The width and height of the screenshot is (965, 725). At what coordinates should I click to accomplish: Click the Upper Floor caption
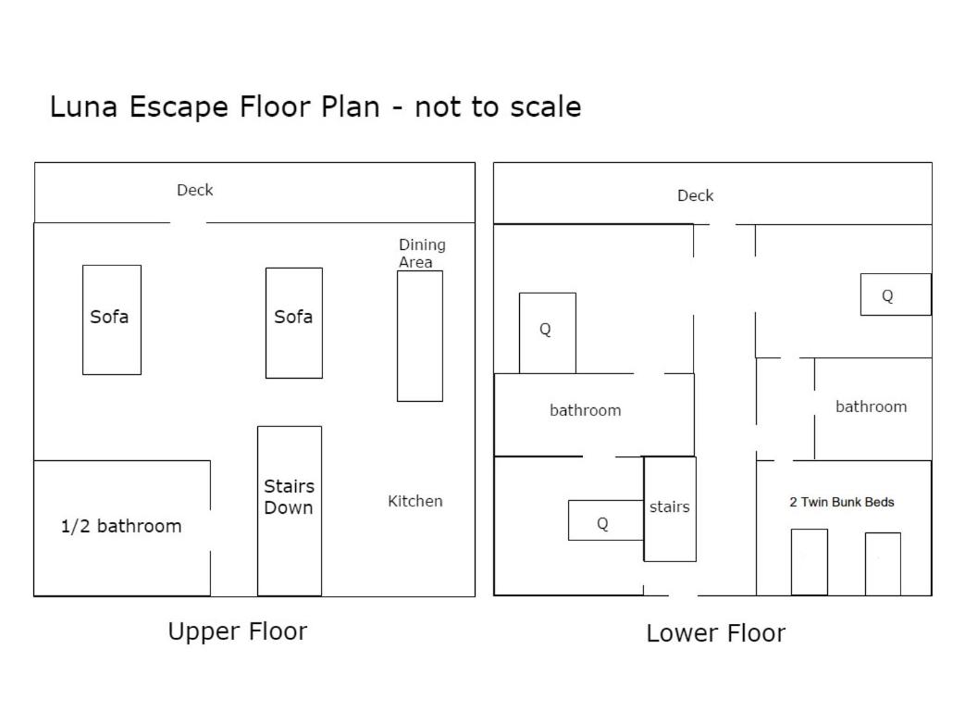point(238,631)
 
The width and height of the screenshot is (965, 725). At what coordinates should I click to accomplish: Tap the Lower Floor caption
point(716,633)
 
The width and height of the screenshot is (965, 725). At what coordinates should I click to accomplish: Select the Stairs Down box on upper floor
point(290,510)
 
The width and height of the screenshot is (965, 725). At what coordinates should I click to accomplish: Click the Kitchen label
point(414,501)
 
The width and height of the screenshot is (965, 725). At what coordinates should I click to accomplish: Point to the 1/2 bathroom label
point(121,526)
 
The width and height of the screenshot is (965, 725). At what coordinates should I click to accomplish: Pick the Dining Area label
point(422,253)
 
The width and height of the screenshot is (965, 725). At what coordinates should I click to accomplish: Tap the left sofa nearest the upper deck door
point(112,319)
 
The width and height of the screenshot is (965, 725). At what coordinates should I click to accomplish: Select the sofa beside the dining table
point(294,323)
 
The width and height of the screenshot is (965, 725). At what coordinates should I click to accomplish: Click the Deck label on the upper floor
point(194,190)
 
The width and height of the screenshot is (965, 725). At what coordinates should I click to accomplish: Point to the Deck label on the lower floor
point(696,195)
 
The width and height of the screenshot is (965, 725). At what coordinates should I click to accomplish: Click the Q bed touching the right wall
point(896,294)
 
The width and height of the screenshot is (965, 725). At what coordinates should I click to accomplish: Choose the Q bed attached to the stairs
point(606,520)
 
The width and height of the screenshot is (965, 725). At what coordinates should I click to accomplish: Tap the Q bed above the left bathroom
point(548,332)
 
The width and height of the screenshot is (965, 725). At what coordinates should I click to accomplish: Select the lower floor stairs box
point(670,508)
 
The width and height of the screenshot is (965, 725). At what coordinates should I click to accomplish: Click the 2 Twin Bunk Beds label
point(841,502)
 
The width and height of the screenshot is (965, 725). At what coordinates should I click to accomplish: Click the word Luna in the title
point(83,106)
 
